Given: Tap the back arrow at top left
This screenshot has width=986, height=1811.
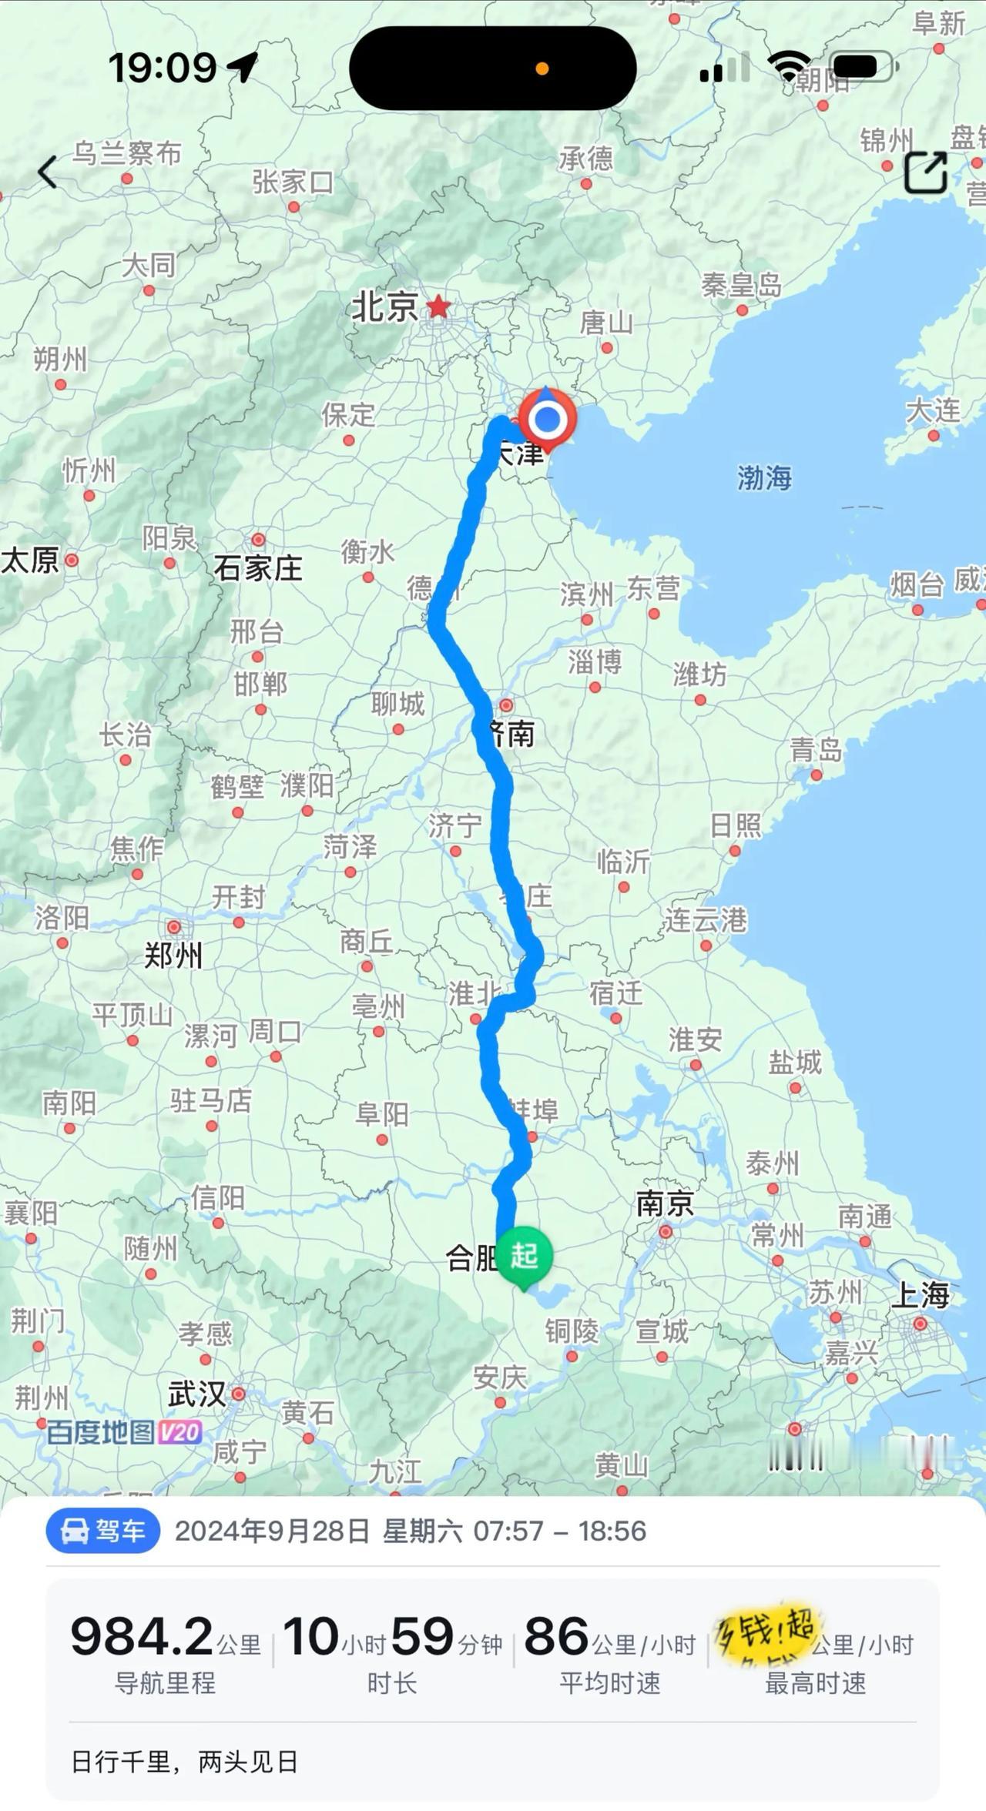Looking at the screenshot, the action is click(48, 172).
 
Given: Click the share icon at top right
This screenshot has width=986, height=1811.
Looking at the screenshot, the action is click(925, 172).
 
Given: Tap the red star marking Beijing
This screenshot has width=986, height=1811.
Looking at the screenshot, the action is click(438, 306).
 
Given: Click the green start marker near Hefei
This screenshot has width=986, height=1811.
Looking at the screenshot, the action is click(524, 1256).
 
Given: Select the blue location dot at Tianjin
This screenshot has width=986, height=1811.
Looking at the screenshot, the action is click(548, 420).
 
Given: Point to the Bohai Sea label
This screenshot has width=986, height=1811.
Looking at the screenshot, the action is click(764, 477).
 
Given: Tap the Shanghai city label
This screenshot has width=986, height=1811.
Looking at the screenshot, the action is click(920, 1294).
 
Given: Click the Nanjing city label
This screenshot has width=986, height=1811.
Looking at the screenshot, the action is click(665, 1204).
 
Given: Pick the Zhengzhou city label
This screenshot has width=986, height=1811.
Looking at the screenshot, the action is click(173, 955).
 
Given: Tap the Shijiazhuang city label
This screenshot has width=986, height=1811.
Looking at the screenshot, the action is click(258, 568).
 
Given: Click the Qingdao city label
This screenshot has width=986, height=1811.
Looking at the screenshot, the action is click(816, 748).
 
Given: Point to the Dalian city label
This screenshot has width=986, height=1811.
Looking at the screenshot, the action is click(933, 410).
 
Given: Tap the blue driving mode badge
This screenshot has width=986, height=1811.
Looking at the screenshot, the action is click(103, 1531).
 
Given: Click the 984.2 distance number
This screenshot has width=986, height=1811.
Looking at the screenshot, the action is click(142, 1637).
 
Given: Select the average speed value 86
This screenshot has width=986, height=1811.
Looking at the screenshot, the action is click(556, 1637).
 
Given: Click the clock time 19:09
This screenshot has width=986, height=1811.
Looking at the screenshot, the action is click(163, 68).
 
